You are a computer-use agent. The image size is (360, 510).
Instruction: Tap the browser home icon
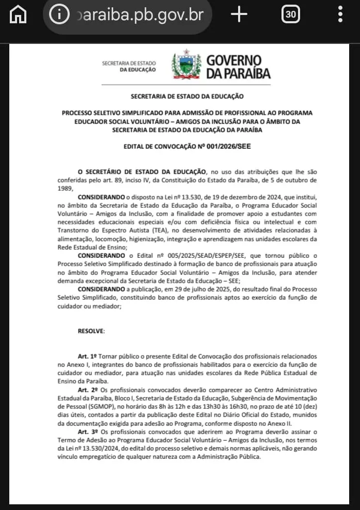click(19, 15)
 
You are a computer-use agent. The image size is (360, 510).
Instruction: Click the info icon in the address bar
click(59, 14)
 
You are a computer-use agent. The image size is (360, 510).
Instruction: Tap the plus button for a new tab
click(239, 14)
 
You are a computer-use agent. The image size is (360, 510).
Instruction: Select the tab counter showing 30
click(291, 14)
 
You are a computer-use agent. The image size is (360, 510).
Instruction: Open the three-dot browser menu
click(340, 14)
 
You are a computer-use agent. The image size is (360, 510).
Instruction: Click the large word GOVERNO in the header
click(233, 61)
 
